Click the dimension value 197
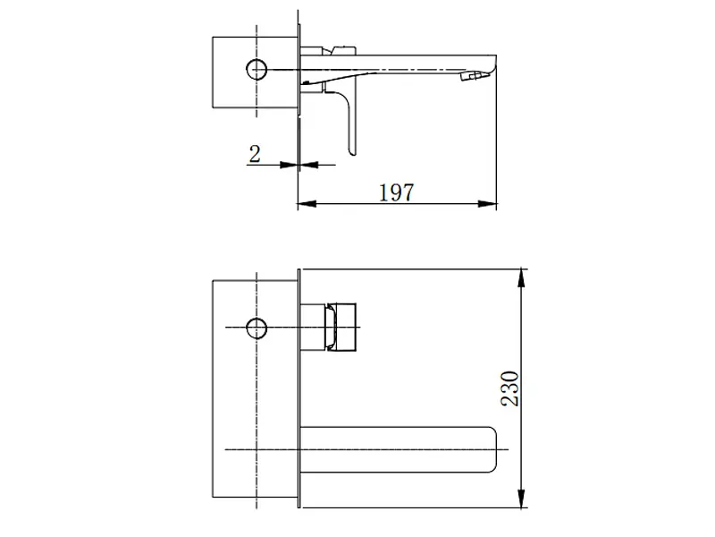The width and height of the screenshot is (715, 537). (397, 192)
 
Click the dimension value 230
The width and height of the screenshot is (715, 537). (509, 388)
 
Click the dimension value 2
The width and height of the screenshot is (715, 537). (255, 154)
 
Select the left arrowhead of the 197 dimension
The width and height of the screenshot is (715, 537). (307, 204)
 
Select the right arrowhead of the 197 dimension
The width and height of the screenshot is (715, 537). (487, 204)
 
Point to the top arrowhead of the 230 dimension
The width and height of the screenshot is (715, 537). (521, 278)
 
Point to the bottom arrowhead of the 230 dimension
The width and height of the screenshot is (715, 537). (521, 499)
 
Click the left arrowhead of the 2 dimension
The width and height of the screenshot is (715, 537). (289, 165)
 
